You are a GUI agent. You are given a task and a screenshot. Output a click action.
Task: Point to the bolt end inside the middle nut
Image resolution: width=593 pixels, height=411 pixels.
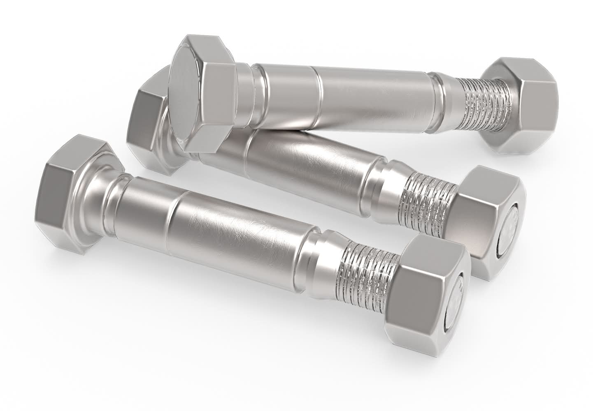[512, 232]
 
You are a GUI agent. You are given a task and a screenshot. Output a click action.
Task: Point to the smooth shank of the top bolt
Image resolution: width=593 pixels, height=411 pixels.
[370, 95]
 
